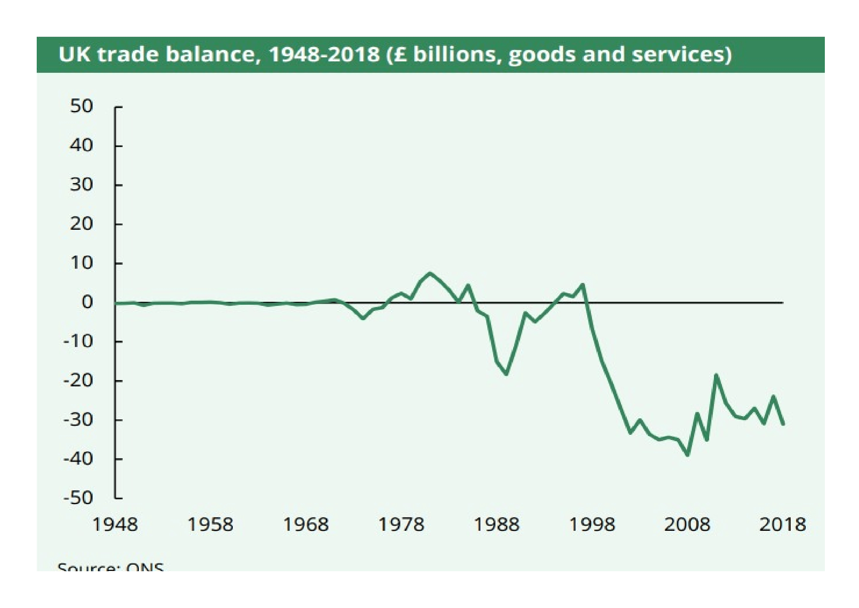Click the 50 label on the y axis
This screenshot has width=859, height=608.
point(81,107)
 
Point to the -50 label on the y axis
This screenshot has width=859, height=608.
point(78,499)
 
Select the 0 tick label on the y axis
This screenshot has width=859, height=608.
point(87,303)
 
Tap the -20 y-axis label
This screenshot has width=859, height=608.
point(78,381)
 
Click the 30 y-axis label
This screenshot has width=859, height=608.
point(81,185)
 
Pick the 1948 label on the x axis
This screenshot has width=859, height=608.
point(115,525)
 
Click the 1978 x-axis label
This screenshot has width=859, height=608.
point(401,525)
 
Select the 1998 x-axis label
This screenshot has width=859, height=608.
point(592,525)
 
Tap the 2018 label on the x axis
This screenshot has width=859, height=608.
point(783,525)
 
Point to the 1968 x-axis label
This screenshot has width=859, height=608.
point(306,525)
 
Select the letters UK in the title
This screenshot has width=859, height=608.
point(75,55)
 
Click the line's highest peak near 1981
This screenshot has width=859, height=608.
point(430,273)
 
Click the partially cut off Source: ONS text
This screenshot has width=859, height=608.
point(111,567)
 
